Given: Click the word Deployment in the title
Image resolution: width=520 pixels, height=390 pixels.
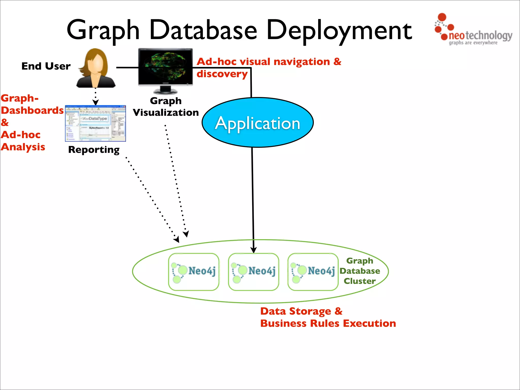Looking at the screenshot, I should (339, 31).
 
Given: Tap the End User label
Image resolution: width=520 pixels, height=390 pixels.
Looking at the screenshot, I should (46, 66).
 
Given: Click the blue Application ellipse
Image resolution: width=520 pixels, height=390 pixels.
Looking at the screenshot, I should (257, 123).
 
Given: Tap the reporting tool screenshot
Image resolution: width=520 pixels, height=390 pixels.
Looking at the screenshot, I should (95, 123).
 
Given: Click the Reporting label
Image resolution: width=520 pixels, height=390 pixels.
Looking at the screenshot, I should (94, 150).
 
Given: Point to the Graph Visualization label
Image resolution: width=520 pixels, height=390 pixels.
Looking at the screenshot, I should (166, 107).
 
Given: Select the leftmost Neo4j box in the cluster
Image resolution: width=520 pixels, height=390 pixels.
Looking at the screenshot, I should (194, 272).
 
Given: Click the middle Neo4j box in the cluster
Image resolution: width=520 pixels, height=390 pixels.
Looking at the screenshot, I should (253, 272).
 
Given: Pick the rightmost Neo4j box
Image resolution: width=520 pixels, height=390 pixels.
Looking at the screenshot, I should (313, 272).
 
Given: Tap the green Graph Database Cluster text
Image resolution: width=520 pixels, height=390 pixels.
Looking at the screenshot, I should (360, 271).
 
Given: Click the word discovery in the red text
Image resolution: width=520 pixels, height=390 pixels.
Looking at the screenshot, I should (222, 74).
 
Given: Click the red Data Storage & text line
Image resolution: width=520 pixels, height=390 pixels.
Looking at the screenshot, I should (301, 311).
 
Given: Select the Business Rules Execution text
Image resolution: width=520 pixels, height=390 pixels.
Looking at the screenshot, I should (328, 323).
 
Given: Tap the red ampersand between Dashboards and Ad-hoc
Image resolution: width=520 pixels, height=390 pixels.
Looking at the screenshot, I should (5, 123).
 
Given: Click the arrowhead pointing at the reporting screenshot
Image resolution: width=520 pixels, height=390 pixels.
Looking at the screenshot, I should (95, 102).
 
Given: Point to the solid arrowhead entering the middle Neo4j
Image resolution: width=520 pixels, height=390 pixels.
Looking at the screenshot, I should (253, 250).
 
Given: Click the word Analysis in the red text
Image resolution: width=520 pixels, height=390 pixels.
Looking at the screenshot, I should (23, 147).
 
